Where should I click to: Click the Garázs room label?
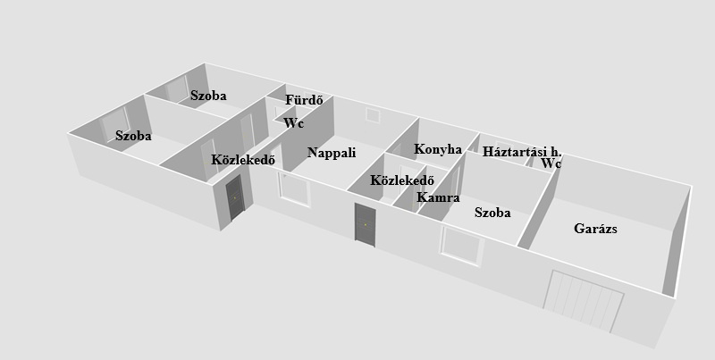(x=595, y=229)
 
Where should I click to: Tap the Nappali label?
(x=332, y=153)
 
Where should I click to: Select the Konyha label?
(x=438, y=149)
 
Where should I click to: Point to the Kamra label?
(x=438, y=197)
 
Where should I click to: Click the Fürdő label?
(x=304, y=100)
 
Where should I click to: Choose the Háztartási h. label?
(x=522, y=151)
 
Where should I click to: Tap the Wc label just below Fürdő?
(x=293, y=123)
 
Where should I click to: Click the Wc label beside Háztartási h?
(x=551, y=163)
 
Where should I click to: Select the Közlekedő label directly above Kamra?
(x=401, y=180)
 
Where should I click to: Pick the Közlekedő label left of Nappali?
(x=243, y=160)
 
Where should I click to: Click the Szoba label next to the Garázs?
(x=492, y=213)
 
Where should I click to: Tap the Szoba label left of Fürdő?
(x=208, y=96)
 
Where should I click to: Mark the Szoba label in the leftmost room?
(x=133, y=136)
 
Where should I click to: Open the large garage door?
(x=584, y=299)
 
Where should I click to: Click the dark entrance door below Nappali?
(x=366, y=225)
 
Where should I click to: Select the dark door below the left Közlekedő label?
(x=235, y=197)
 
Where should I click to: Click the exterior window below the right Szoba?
(x=461, y=246)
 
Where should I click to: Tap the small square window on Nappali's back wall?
(x=373, y=115)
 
